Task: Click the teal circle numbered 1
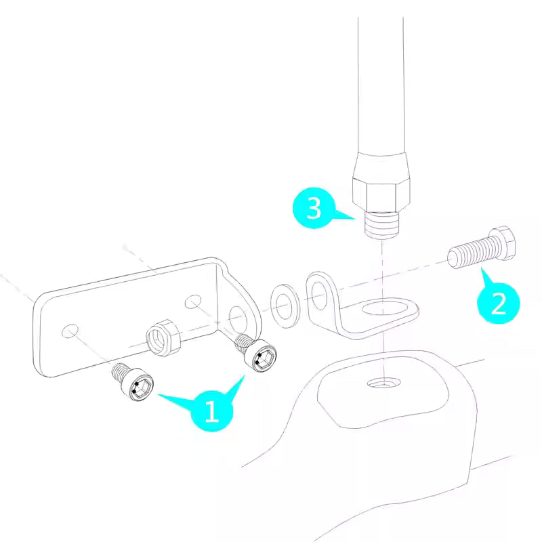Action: [211, 411]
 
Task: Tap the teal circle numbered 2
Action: [498, 303]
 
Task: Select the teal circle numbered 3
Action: [314, 208]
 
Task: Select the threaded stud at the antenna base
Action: [382, 225]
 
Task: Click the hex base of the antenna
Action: [381, 194]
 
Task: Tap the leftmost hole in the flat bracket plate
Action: [70, 331]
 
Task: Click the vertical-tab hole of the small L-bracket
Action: [319, 295]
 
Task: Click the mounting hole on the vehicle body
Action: [383, 383]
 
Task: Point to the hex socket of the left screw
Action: [142, 390]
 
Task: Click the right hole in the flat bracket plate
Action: [193, 301]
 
